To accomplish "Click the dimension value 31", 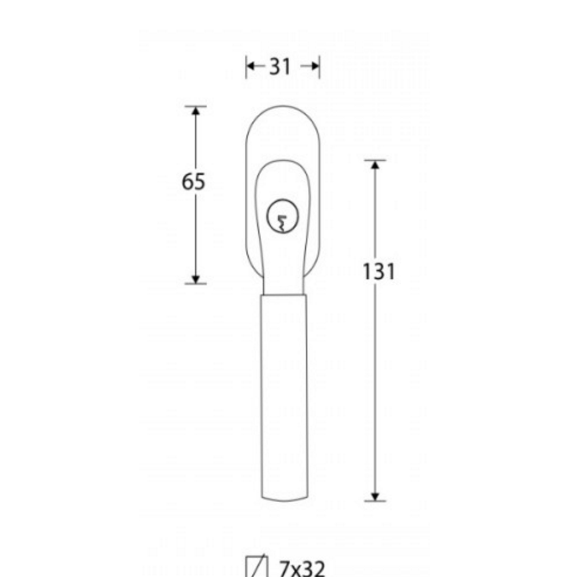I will [x=280, y=67].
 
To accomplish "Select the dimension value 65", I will [x=193, y=182].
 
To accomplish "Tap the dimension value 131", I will [x=378, y=271].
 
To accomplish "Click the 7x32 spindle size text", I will [x=302, y=568].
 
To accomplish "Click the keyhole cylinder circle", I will [x=282, y=216].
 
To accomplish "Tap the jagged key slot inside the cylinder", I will [x=282, y=222].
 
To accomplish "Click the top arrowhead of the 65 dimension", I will [x=196, y=111].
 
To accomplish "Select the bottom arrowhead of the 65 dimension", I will [x=196, y=279].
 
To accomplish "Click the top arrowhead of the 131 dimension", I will [x=375, y=165].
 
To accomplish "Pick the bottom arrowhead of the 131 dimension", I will [x=375, y=496].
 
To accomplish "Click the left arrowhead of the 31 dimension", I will [x=250, y=66].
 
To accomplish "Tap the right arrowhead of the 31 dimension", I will [x=316, y=66].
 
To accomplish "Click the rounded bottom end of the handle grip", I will [x=284, y=500].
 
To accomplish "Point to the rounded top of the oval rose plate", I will [x=283, y=107].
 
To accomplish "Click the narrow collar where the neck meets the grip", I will [x=284, y=293].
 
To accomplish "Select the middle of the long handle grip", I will [x=284, y=395].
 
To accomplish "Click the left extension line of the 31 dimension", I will [x=246, y=66].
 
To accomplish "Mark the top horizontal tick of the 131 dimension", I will [x=375, y=160].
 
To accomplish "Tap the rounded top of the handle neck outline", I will [x=282, y=160].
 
